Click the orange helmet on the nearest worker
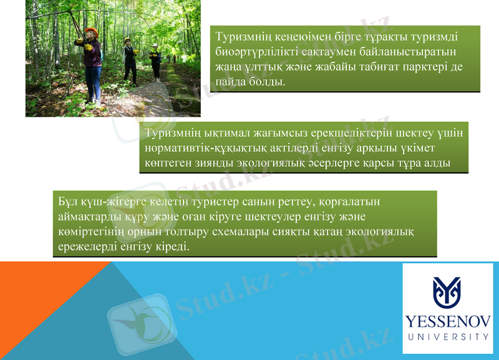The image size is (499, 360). [91, 31]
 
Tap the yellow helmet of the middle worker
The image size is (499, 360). [128, 41]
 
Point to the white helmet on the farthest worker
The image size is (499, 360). [155, 46]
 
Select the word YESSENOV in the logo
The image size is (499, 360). [447, 321]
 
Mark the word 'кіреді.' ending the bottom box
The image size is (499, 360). [169, 247]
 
